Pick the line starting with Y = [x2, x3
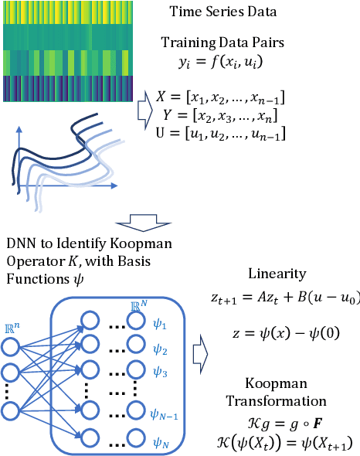221,117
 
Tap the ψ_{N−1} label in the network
164,415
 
